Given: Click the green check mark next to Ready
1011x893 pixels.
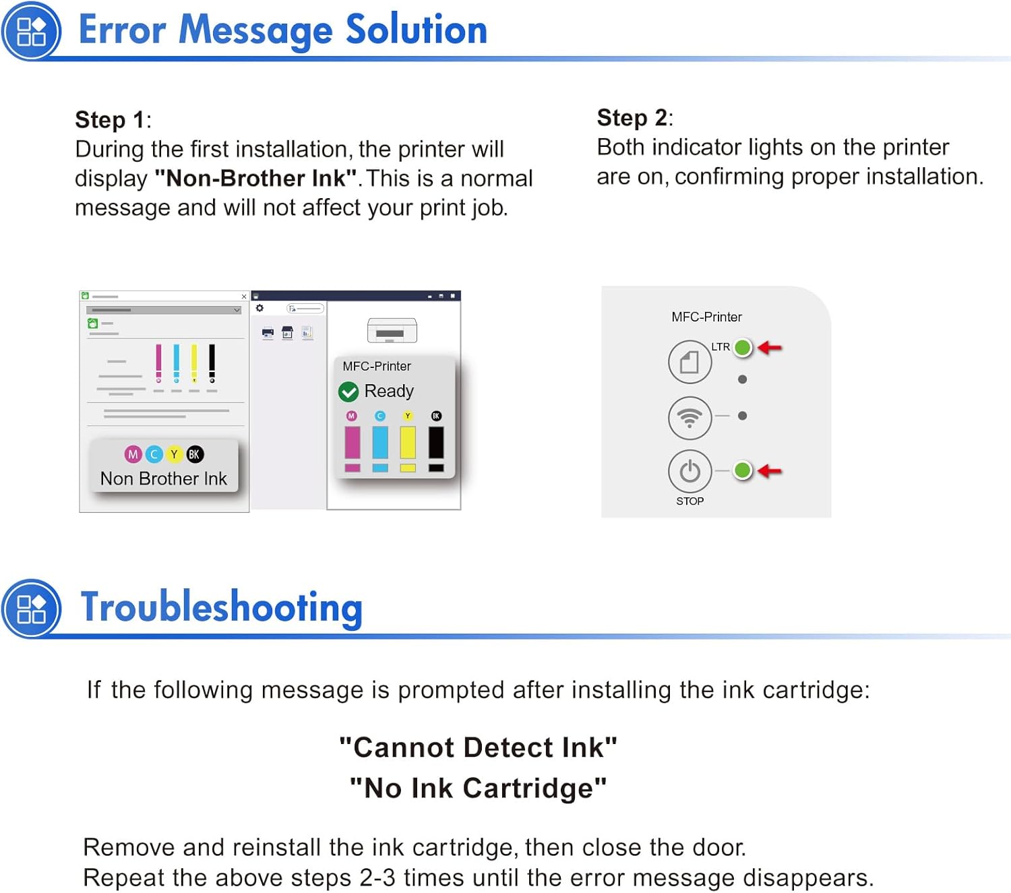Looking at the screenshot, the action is (348, 392).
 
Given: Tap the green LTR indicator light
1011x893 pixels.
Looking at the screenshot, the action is (743, 347).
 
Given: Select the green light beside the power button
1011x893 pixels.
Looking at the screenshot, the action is (743, 470).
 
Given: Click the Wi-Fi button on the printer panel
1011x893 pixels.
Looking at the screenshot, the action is (690, 418).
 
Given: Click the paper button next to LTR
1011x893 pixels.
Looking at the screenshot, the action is (690, 362).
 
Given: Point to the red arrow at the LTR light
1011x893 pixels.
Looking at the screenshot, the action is (770, 347).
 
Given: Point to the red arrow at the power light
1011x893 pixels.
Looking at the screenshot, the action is (770, 470).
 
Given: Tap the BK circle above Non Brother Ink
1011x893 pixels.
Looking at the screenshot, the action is (194, 454).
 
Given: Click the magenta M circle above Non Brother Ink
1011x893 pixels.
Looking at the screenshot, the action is (133, 454).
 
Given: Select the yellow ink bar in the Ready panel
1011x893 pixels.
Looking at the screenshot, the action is (408, 441).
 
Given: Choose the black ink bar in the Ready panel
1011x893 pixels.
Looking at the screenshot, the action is (436, 441).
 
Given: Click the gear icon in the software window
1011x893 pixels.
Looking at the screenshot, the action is (259, 308).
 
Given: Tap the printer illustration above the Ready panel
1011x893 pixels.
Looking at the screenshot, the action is (392, 330).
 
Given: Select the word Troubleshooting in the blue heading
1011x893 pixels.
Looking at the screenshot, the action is (222, 607).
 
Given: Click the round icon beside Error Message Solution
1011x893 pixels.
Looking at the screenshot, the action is (31, 31).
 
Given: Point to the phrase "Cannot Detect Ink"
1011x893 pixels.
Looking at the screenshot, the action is (478, 747).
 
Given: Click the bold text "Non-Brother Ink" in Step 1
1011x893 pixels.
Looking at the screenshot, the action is (255, 178).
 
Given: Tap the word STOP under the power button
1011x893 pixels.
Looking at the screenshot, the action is (690, 501).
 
